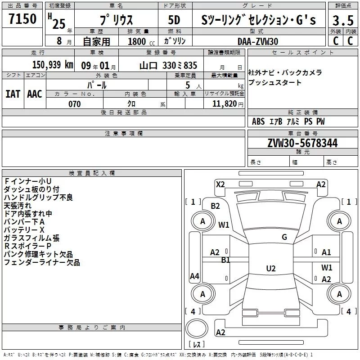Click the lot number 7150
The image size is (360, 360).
[22, 18]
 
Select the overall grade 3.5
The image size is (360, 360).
[343, 20]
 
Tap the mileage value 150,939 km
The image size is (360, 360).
[53, 65]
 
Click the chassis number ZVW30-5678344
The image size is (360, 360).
[302, 143]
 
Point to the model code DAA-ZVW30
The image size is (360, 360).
[258, 41]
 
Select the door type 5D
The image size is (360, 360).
[174, 20]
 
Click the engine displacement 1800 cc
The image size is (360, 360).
[141, 41]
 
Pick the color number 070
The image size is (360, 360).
[75, 104]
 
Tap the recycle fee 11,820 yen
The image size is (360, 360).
[228, 104]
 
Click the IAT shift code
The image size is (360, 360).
[13, 94]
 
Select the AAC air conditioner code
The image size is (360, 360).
[35, 94]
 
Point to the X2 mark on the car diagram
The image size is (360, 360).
[220, 184]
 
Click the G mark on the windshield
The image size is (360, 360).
[284, 237]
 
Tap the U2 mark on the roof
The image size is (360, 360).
[271, 268]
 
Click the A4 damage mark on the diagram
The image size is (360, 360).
[194, 276]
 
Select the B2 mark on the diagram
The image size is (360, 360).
[215, 206]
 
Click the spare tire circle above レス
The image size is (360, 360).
[197, 328]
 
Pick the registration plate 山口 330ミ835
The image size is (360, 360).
[168, 65]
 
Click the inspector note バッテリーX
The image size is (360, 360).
[24, 230]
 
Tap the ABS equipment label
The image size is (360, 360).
[258, 121]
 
